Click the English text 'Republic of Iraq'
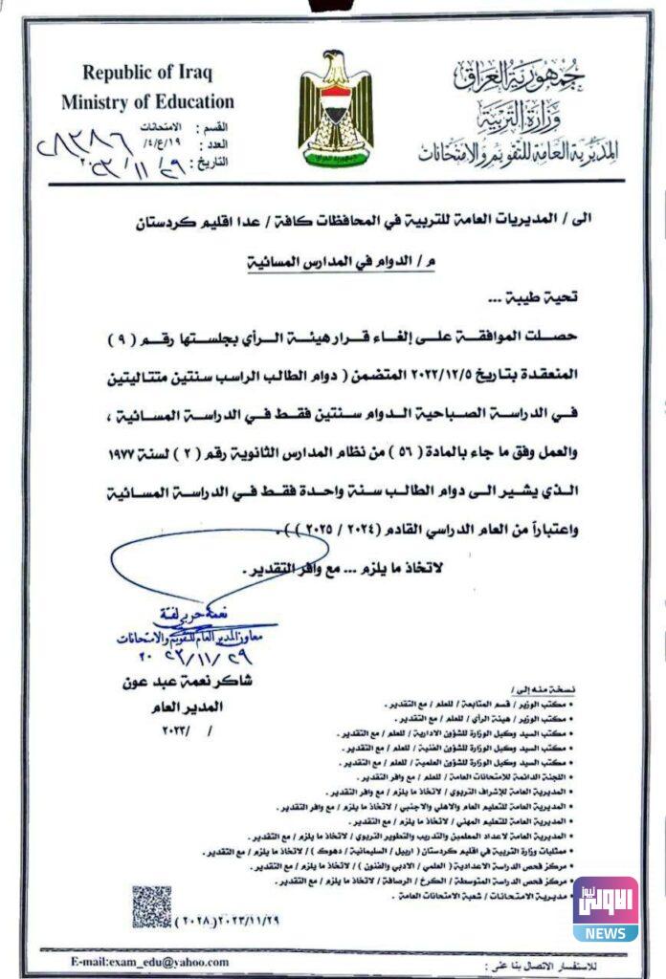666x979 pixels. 147,73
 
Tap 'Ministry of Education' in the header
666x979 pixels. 147,101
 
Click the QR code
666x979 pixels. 151,905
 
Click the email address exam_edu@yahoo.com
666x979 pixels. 149,962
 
